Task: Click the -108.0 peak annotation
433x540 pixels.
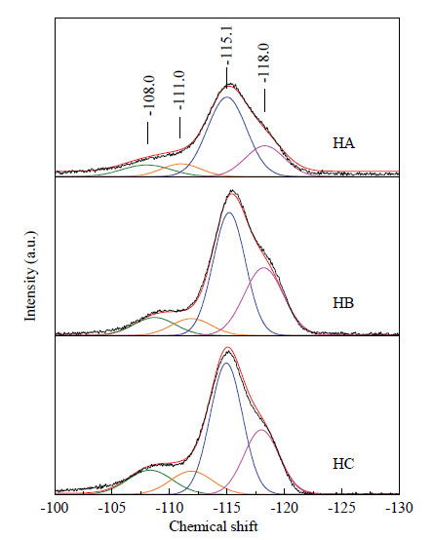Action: (150, 96)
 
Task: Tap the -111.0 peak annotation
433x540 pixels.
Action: (179, 91)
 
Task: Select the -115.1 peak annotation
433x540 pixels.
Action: (227, 46)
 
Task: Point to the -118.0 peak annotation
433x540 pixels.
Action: (264, 62)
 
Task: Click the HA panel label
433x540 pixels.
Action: (343, 143)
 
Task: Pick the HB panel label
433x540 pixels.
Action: (343, 303)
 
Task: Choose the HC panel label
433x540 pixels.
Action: (343, 464)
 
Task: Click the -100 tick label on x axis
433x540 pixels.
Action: (54, 508)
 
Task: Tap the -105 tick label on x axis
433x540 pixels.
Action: (111, 508)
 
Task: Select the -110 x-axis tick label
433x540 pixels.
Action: (169, 508)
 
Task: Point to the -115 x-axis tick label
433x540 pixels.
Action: (226, 508)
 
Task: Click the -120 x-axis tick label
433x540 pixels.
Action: (284, 508)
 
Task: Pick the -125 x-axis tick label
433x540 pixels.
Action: (341, 508)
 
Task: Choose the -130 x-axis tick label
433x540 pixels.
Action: (399, 508)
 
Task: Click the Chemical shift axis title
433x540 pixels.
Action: (214, 526)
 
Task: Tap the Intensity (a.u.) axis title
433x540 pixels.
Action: (30, 276)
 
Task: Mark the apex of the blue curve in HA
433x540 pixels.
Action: (226, 97)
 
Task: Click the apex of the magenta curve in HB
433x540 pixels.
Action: (264, 267)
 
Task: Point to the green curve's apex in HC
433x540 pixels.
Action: (149, 470)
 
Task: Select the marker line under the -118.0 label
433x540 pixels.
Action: (264, 100)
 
